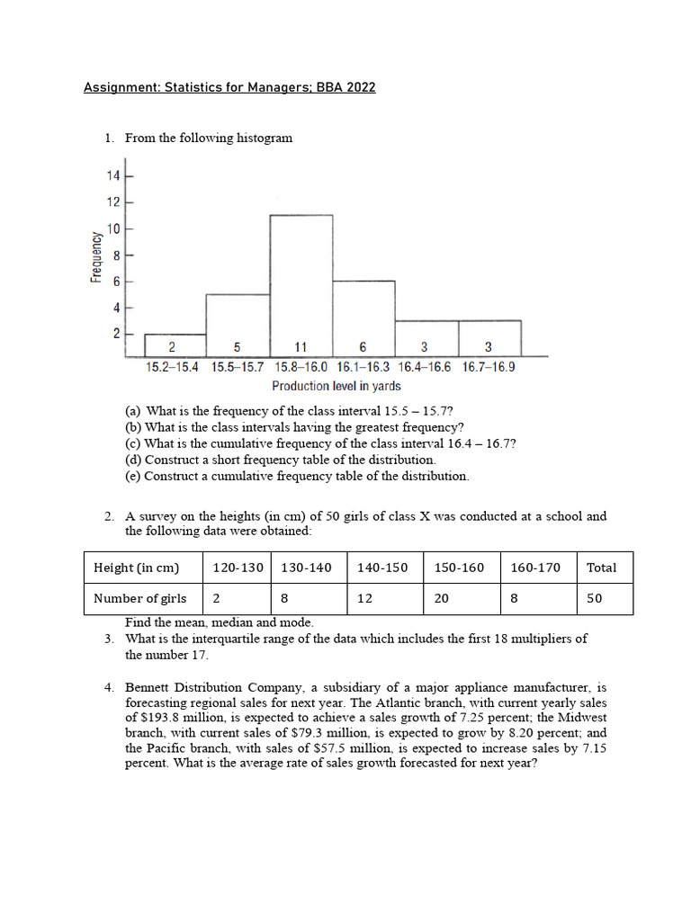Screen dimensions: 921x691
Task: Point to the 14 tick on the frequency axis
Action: pyautogui.click(x=113, y=175)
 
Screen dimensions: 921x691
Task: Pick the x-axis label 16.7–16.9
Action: pyautogui.click(x=489, y=367)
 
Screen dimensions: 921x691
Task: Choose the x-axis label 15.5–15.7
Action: pyautogui.click(x=238, y=367)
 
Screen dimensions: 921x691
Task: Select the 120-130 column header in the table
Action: pyautogui.click(x=238, y=568)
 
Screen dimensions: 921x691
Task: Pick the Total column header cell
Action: pyautogui.click(x=601, y=568)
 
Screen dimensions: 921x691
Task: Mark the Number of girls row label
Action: pyautogui.click(x=140, y=598)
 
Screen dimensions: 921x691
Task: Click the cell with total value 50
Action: pyautogui.click(x=595, y=598)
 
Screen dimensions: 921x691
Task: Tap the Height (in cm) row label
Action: pyautogui.click(x=136, y=568)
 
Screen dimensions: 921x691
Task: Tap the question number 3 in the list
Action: pyautogui.click(x=108, y=639)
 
